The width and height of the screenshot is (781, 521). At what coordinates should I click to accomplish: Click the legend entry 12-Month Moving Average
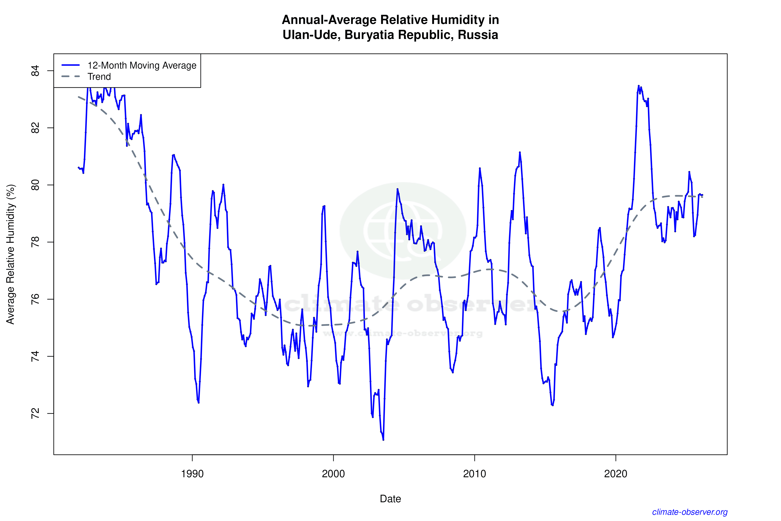pos(142,65)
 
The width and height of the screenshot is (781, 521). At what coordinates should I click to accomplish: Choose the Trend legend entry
pos(99,77)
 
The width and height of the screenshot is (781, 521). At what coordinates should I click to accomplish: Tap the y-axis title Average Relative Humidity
pos(11,254)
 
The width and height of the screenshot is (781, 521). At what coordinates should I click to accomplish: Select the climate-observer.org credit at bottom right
pos(690,512)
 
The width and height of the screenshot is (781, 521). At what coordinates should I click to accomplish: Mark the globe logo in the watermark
pos(403,231)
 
